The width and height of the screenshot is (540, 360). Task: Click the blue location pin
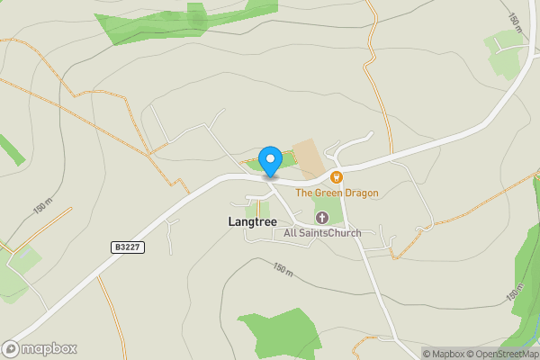pyautogui.click(x=269, y=161)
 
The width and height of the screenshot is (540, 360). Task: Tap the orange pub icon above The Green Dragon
pyautogui.click(x=337, y=177)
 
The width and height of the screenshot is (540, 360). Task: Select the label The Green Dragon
pyautogui.click(x=337, y=193)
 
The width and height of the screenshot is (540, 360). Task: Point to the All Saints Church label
pyautogui.click(x=322, y=234)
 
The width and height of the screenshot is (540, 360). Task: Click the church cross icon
pyautogui.click(x=322, y=217)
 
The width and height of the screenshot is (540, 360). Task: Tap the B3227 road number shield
pyautogui.click(x=129, y=247)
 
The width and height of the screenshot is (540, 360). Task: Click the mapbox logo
pyautogui.click(x=40, y=348)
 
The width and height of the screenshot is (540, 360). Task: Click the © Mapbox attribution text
pyautogui.click(x=443, y=354)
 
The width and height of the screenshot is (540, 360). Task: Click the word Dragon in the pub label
pyautogui.click(x=360, y=193)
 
